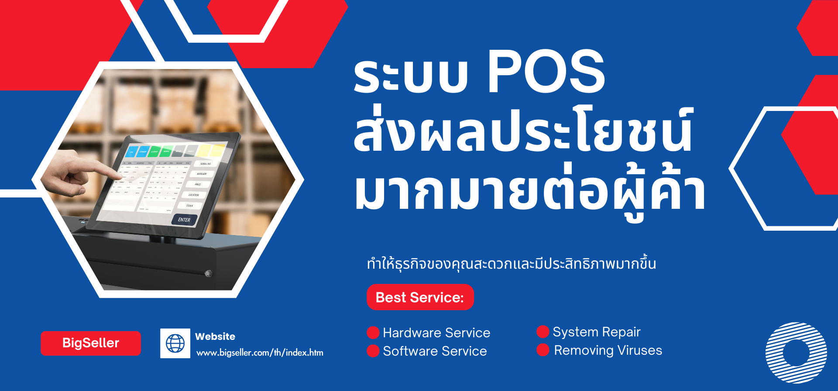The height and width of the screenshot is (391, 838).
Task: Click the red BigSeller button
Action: (x=91, y=343)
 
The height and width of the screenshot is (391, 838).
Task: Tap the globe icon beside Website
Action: (x=175, y=343)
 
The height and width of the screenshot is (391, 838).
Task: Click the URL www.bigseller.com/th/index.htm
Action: (x=260, y=353)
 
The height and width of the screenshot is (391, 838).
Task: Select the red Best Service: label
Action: (x=420, y=297)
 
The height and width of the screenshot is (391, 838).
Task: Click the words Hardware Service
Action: (x=436, y=333)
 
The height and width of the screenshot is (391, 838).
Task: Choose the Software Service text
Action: (x=435, y=351)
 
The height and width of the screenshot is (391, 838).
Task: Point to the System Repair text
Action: (x=596, y=332)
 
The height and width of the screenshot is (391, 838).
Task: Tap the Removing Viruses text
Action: (x=608, y=350)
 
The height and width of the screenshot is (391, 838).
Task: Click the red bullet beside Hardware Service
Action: (x=373, y=333)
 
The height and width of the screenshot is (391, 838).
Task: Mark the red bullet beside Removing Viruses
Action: (x=543, y=350)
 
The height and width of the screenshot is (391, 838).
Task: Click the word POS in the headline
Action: (x=546, y=72)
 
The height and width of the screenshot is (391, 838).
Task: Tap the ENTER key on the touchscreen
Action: (x=184, y=220)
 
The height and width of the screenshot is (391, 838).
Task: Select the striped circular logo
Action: (x=796, y=353)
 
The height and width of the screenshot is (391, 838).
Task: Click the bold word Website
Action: (x=215, y=336)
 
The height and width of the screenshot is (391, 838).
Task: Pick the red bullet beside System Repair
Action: (x=543, y=332)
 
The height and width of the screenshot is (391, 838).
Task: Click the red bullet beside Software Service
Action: (x=373, y=351)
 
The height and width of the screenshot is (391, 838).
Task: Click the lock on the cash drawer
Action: (x=208, y=273)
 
